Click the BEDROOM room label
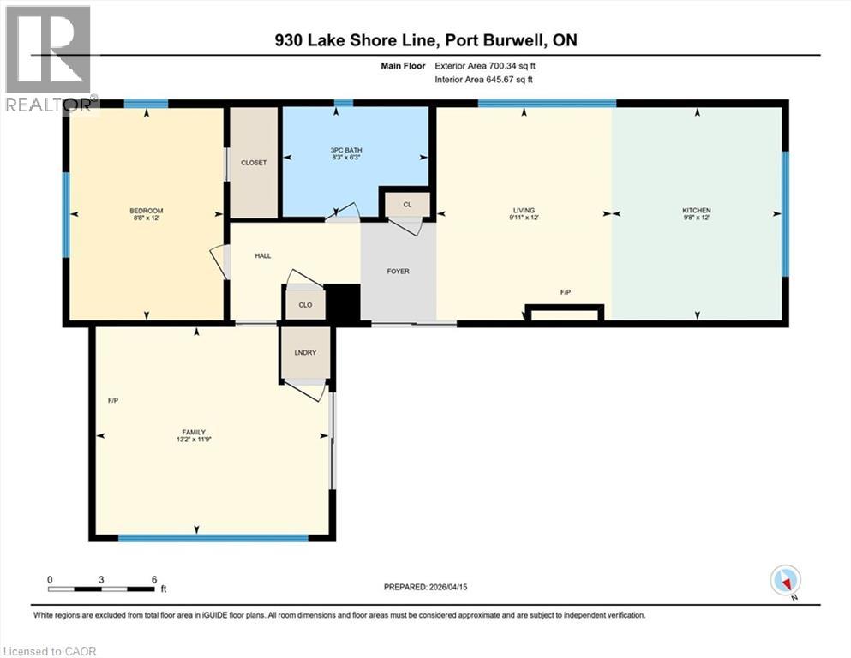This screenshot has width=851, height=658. tap(146, 211)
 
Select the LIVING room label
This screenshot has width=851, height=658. tap(524, 211)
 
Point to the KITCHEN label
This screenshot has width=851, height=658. tap(696, 211)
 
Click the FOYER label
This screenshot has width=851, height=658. tap(398, 272)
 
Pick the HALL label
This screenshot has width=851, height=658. tap(263, 255)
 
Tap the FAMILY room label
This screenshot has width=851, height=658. tap(193, 432)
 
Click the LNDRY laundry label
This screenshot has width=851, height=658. tap(305, 352)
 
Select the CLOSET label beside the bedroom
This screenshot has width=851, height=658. tap(254, 162)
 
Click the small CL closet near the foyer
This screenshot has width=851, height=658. tap(408, 205)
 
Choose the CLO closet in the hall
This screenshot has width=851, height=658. tap(305, 304)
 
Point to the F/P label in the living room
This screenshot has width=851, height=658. tap(566, 293)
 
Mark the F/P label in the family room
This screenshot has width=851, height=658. tap(112, 400)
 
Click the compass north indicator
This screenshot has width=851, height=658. tap(785, 581)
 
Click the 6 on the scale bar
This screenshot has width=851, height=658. tap(154, 579)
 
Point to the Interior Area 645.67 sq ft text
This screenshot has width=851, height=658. tap(484, 80)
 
